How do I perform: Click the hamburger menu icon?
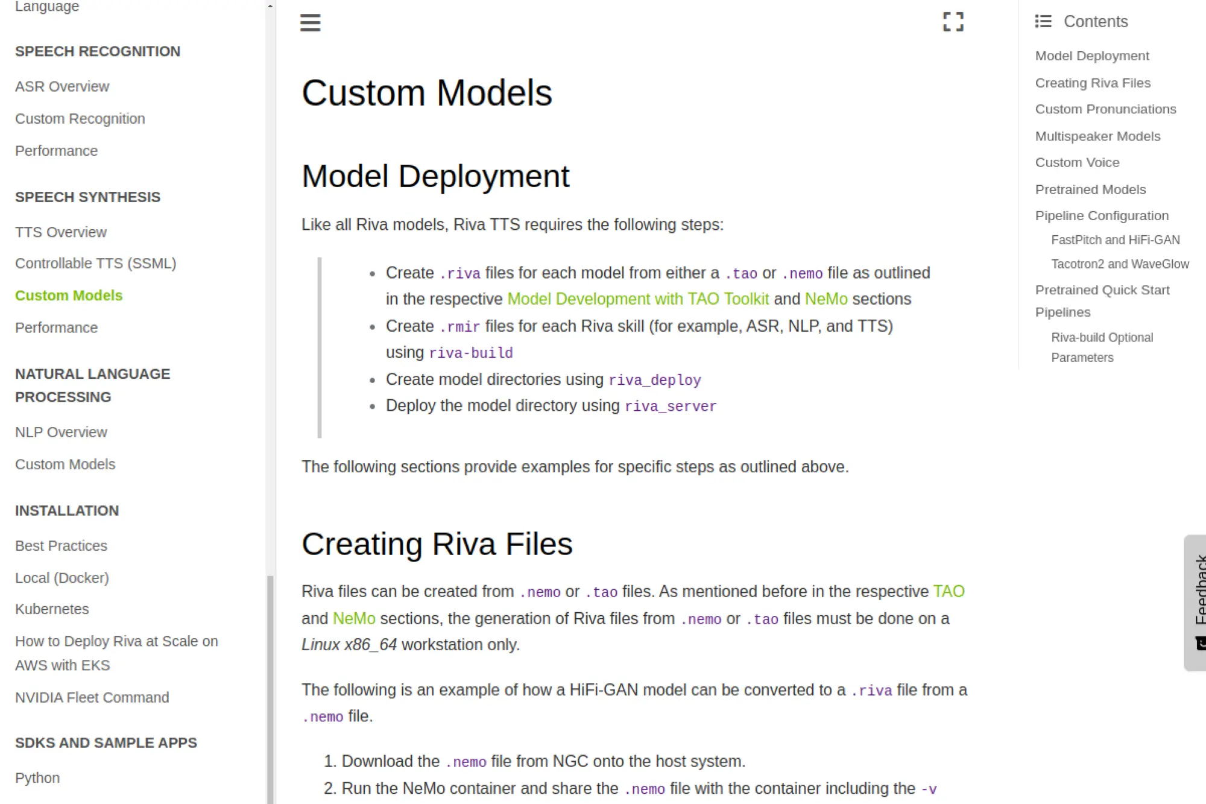[311, 23]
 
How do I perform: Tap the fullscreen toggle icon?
[953, 22]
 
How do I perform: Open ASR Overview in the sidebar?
[62, 86]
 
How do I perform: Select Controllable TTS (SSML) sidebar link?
[95, 264]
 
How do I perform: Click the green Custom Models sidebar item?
[69, 296]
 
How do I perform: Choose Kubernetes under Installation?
[52, 609]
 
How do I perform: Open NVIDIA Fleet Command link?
[92, 697]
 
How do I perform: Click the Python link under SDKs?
[37, 777]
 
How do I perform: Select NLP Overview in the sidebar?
[61, 432]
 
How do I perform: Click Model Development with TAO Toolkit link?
[638, 299]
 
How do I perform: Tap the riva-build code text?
[470, 353]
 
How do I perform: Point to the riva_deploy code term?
[654, 380]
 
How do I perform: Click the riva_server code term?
[671, 407]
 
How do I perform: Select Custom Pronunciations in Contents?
[1105, 109]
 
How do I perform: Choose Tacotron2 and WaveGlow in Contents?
[1120, 264]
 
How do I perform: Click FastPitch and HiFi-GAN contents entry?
[1115, 240]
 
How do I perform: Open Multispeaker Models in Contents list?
[1097, 136]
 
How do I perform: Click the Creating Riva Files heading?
[437, 544]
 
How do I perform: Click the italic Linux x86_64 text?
[349, 645]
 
